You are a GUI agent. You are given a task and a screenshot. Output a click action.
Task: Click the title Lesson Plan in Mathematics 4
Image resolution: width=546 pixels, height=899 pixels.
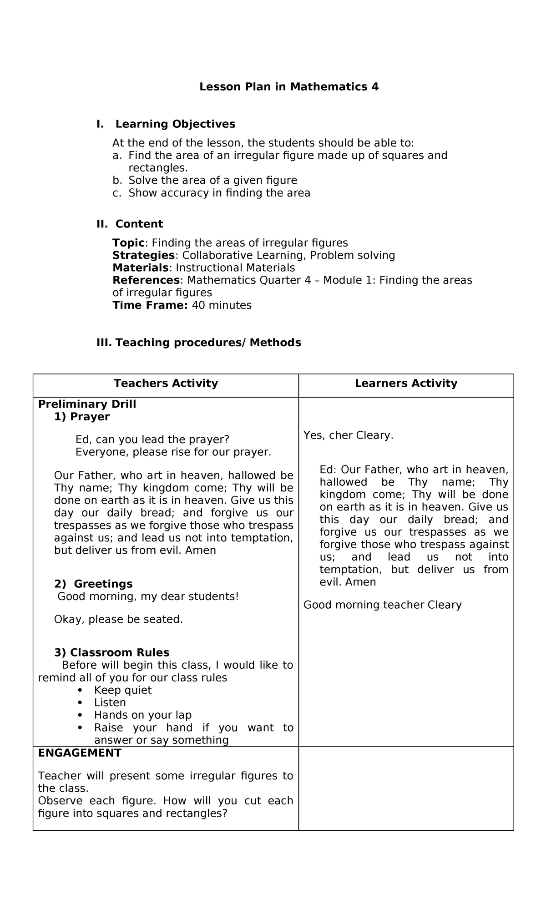pos(289,86)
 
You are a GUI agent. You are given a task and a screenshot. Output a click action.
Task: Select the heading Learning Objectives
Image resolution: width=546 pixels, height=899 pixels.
pos(175,124)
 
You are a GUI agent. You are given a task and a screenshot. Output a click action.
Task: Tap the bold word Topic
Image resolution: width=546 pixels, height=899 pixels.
pos(128,242)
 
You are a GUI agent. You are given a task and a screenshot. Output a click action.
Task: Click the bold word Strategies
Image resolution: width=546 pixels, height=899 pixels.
pos(143,255)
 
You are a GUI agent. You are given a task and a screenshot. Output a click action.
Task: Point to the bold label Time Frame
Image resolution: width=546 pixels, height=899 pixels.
pos(150,305)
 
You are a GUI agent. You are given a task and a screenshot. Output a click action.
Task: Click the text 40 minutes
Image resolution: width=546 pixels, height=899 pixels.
pos(222,305)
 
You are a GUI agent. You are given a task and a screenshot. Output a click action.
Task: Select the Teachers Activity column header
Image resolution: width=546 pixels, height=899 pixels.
pos(166,383)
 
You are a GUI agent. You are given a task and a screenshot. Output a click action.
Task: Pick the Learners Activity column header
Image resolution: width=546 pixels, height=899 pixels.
pos(406,383)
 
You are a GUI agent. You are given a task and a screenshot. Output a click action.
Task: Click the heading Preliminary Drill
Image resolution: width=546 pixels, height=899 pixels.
pos(87,404)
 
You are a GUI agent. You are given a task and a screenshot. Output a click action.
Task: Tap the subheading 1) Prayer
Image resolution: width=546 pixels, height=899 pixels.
pos(82,417)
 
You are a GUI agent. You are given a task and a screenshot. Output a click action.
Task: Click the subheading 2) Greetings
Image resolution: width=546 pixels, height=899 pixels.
pos(93,584)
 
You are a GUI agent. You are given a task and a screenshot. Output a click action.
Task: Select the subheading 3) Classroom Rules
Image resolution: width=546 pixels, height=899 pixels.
pos(111,652)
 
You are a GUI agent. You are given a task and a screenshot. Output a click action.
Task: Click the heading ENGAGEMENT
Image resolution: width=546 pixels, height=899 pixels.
pos(80,753)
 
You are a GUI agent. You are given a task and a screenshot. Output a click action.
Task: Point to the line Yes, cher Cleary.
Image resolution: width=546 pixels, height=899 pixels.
pos(348,435)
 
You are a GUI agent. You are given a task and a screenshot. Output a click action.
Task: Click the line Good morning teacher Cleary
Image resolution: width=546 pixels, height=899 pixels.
pos(382,605)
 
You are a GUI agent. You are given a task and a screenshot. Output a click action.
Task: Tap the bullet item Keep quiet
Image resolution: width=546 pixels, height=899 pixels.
pos(123,690)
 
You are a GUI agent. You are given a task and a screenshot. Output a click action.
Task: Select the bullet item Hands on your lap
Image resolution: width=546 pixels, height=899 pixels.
pos(143,715)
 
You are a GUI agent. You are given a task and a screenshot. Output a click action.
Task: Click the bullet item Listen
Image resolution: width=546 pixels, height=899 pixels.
pos(110,702)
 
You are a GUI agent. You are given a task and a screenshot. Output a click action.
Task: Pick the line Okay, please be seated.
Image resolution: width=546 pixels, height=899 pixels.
pos(118,619)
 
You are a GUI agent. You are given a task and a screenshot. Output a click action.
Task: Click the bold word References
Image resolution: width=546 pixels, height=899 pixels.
pos(146,280)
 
